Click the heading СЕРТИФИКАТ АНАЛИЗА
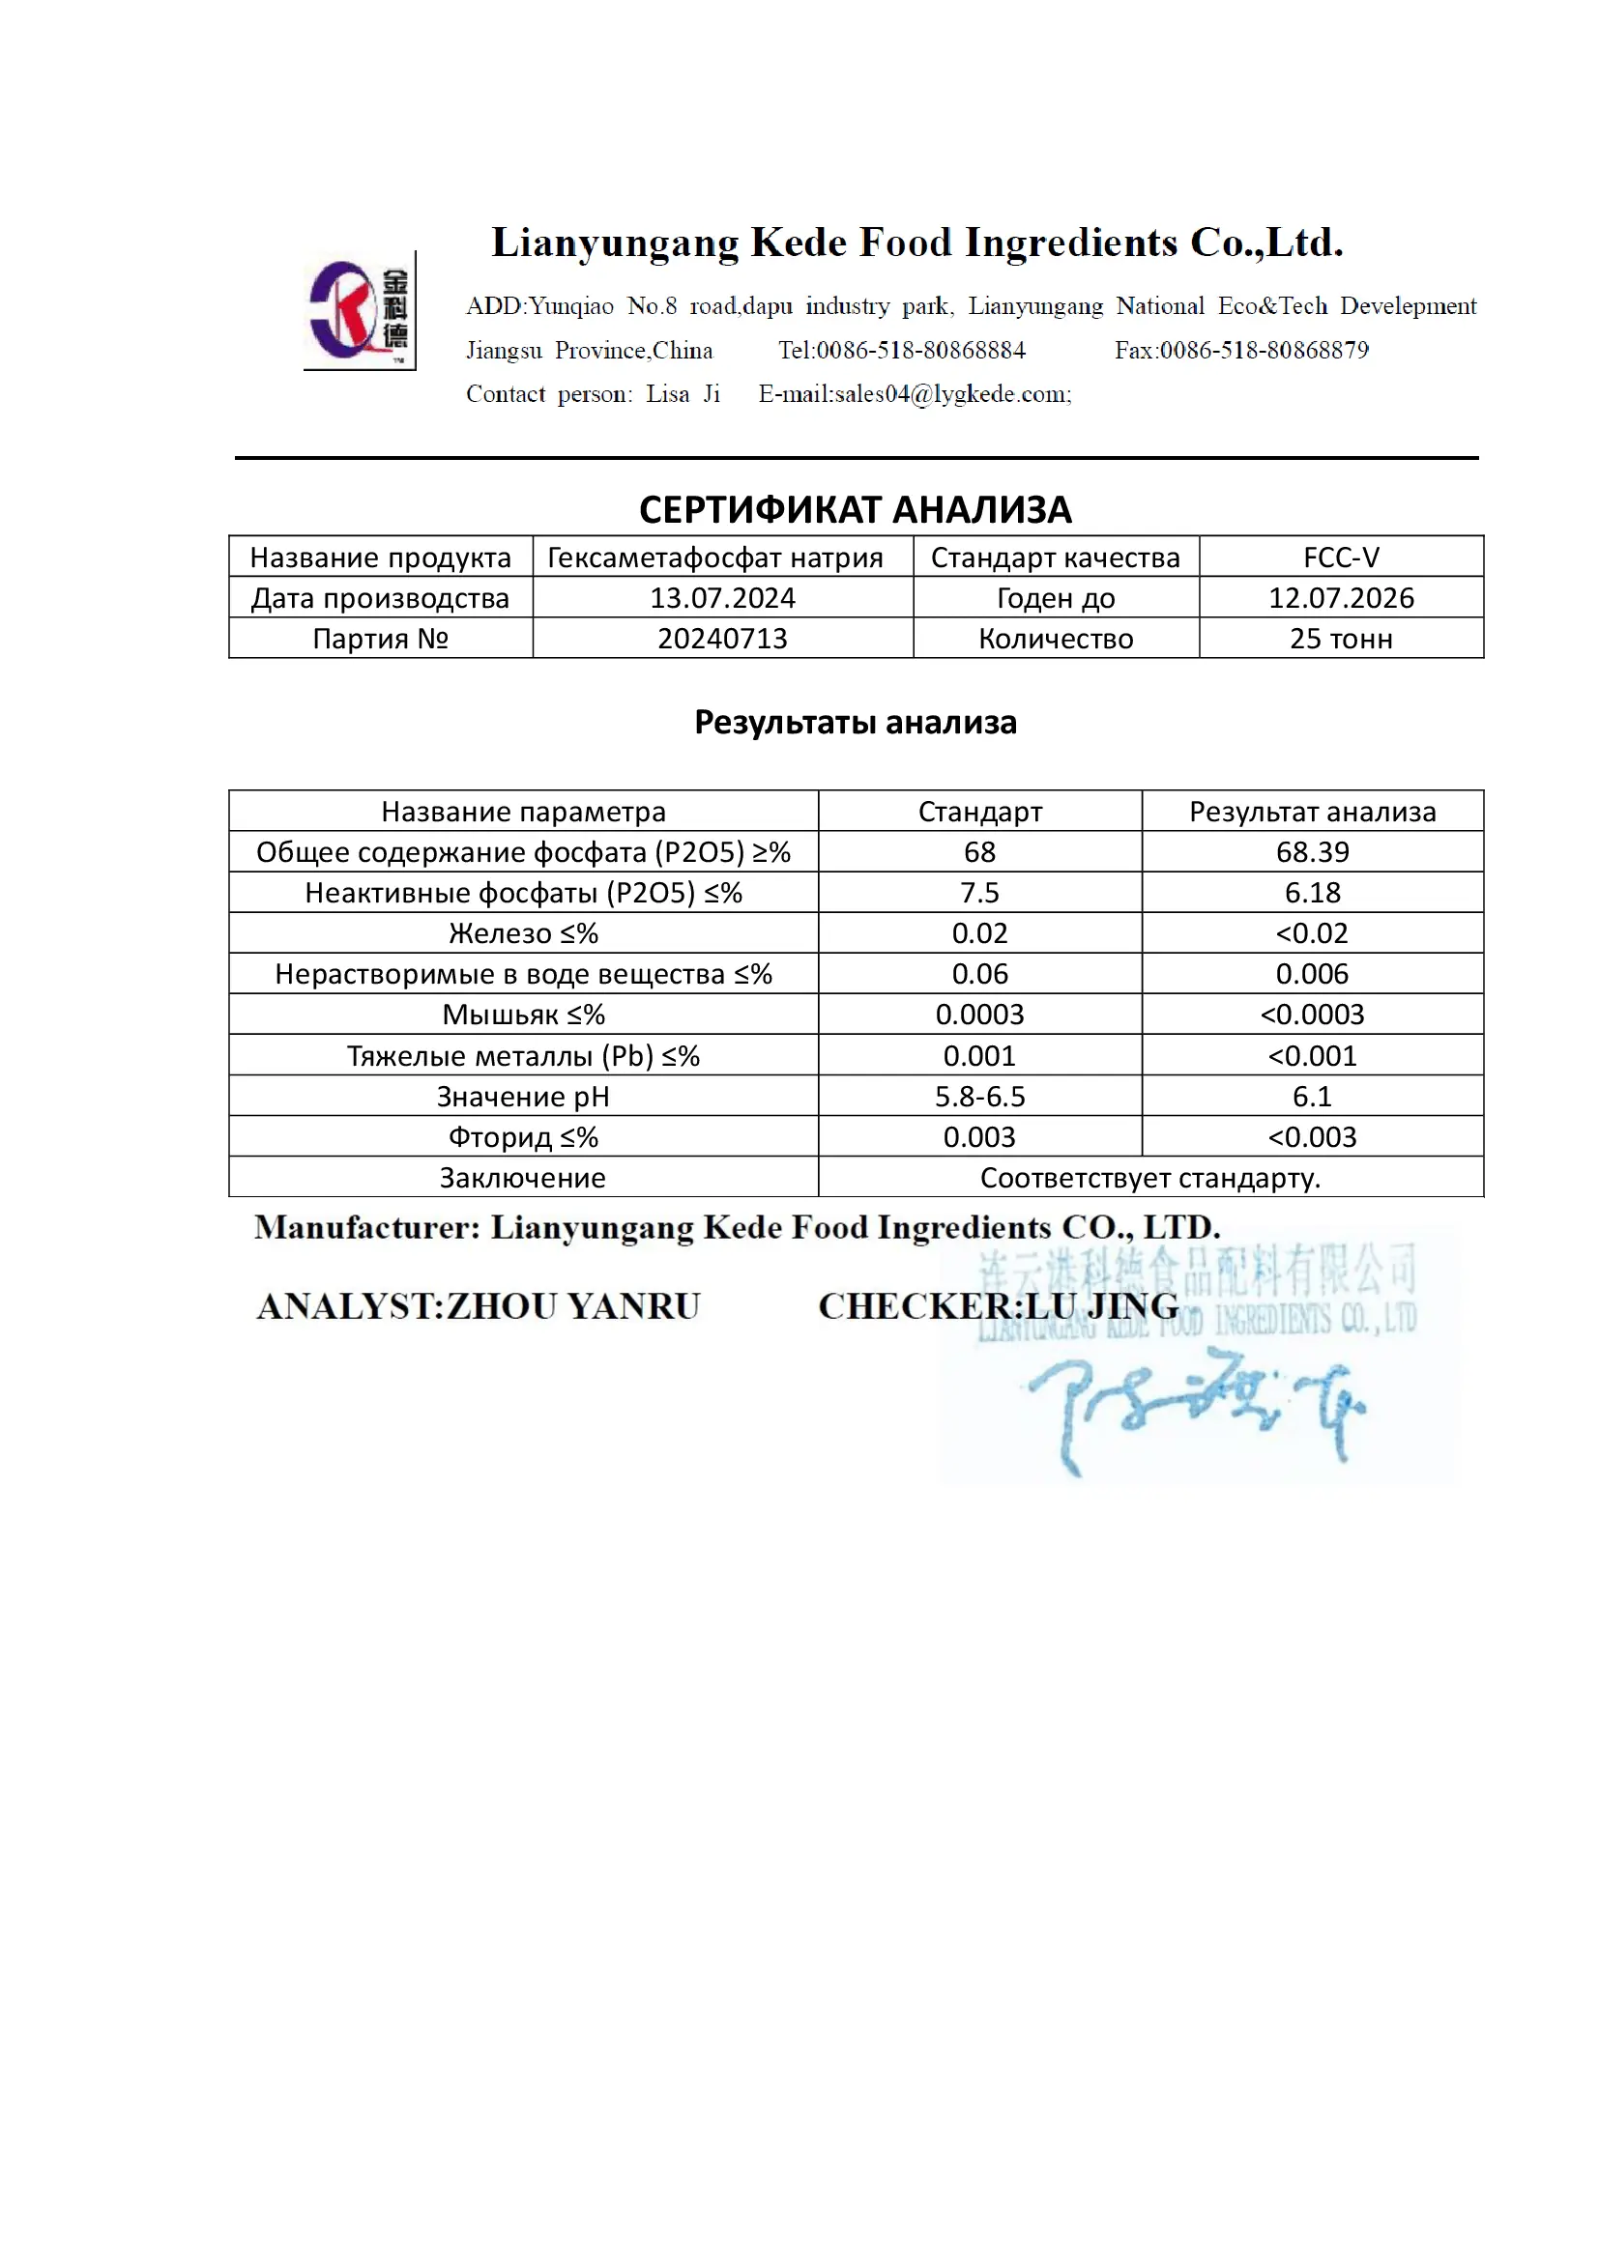855,510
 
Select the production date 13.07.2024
722,597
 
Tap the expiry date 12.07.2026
1340,597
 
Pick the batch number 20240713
722,639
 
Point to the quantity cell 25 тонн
1340,639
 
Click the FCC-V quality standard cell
1340,558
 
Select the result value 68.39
1312,851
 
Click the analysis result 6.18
1312,893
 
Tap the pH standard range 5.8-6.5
978,1096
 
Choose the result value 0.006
1312,974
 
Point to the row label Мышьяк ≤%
523,1014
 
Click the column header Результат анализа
1312,811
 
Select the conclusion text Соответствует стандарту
1149,1177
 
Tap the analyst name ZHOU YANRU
573,1306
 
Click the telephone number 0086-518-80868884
920,351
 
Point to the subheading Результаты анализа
855,723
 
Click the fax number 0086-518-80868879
1264,351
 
